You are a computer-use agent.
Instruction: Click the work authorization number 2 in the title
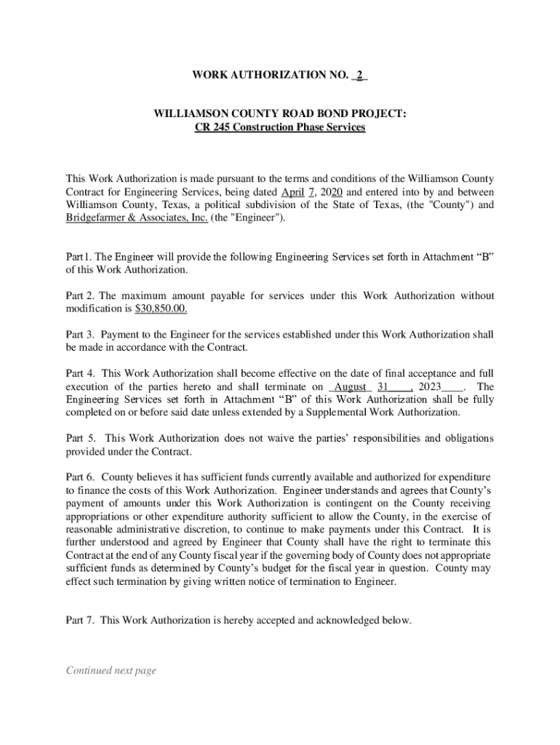tap(359, 76)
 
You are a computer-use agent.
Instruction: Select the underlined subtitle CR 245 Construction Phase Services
tap(280, 128)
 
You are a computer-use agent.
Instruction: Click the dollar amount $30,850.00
tap(161, 309)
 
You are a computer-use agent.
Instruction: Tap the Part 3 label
tap(79, 335)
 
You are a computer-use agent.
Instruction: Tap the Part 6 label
tap(79, 477)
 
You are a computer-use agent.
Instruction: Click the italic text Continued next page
tap(111, 671)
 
